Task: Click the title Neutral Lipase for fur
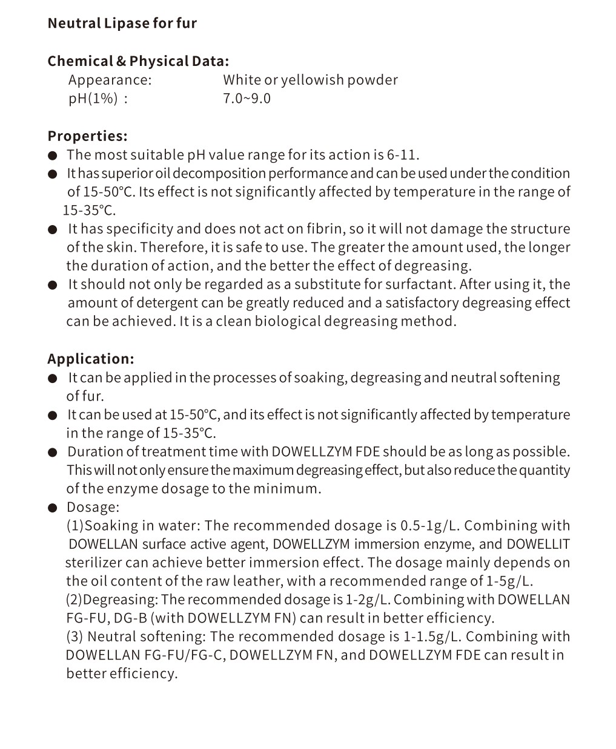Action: [122, 24]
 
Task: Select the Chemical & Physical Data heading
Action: [138, 61]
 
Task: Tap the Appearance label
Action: [110, 80]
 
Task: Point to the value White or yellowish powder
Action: [310, 80]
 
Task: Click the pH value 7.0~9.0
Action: [247, 99]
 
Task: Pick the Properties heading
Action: [87, 136]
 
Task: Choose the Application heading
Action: [91, 359]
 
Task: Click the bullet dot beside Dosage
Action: [53, 508]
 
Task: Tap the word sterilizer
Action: [93, 563]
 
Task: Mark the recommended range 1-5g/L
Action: [509, 581]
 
